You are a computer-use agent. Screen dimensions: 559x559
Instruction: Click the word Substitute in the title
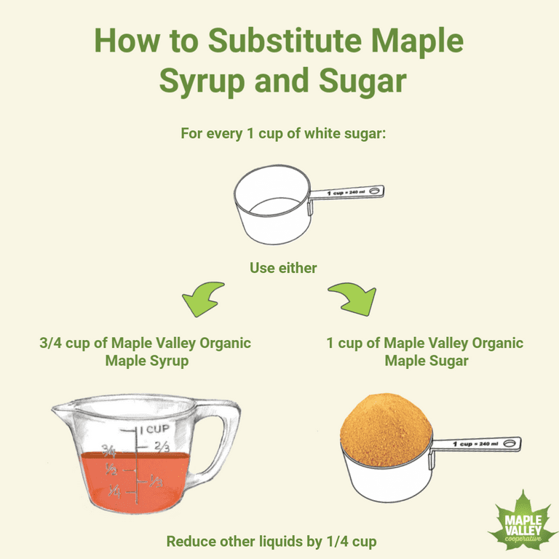click(x=285, y=41)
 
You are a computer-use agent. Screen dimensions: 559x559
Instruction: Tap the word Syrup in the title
click(x=202, y=82)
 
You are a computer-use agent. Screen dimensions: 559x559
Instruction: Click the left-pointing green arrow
click(x=202, y=298)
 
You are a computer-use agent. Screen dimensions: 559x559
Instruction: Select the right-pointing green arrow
click(x=353, y=298)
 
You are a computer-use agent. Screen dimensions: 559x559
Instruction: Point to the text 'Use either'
click(x=283, y=268)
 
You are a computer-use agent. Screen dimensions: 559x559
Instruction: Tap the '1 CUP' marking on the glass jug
click(x=155, y=429)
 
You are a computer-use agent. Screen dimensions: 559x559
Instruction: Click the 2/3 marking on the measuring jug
click(x=162, y=446)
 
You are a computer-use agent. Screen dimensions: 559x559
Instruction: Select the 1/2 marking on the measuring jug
click(x=111, y=469)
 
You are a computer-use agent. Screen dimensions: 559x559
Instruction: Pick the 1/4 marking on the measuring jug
click(x=115, y=491)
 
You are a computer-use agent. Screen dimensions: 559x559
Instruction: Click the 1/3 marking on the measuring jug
click(x=156, y=480)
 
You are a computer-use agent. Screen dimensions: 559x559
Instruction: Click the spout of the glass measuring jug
click(x=60, y=409)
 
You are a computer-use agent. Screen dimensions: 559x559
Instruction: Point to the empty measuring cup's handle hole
click(x=374, y=191)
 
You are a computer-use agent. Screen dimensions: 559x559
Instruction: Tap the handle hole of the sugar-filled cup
click(x=510, y=443)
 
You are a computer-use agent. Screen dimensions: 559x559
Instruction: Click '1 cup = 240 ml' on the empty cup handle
click(x=346, y=192)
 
